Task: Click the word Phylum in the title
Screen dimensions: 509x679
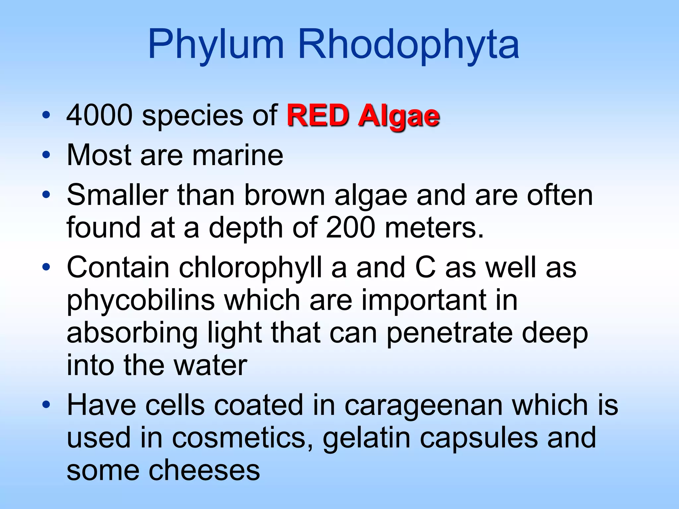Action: pyautogui.click(x=216, y=45)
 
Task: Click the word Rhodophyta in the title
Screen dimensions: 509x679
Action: pyautogui.click(x=408, y=45)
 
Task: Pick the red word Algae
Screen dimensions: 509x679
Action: pyautogui.click(x=399, y=117)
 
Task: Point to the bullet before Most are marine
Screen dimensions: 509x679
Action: pyautogui.click(x=46, y=155)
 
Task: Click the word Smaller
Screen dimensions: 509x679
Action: pyautogui.click(x=117, y=195)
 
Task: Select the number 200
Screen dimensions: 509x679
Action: pyautogui.click(x=350, y=227)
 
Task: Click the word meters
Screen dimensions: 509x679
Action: pyautogui.click(x=434, y=227)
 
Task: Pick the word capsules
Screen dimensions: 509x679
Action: pyautogui.click(x=479, y=438)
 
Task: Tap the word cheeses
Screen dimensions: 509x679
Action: pyautogui.click(x=204, y=470)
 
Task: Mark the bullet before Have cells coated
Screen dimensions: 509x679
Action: pyautogui.click(x=46, y=405)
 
